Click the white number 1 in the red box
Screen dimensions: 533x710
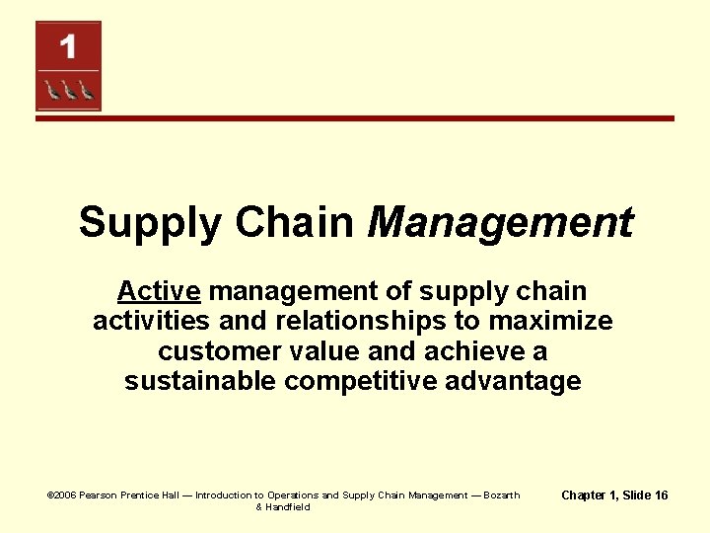67,46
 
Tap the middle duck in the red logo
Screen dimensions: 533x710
68,91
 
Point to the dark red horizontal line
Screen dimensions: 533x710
355,118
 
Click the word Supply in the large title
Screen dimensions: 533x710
151,223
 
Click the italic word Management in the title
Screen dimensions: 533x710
500,222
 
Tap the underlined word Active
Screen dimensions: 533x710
159,291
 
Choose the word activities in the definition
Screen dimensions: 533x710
152,321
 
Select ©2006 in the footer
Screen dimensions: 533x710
62,495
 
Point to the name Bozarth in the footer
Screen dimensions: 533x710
501,495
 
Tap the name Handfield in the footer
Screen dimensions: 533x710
289,507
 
